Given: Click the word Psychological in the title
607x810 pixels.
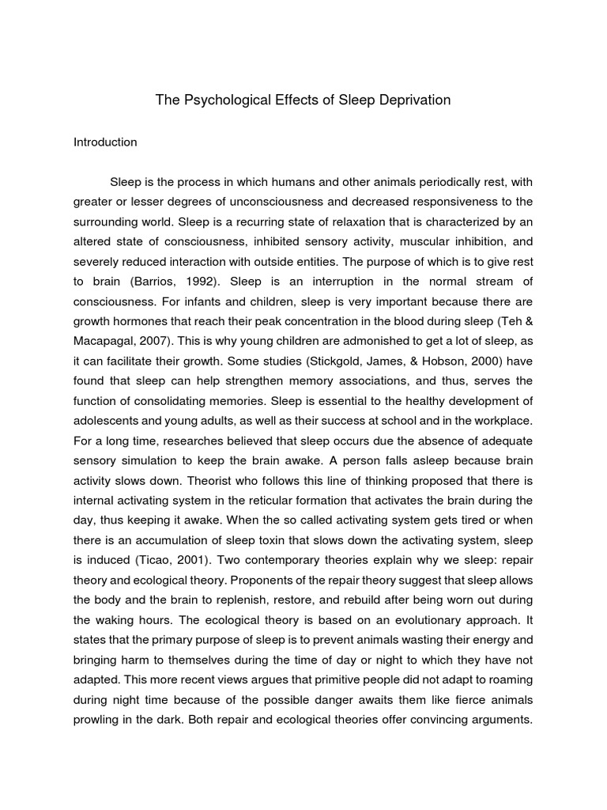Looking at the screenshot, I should tap(232, 100).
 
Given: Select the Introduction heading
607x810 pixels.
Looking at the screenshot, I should tap(105, 142).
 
